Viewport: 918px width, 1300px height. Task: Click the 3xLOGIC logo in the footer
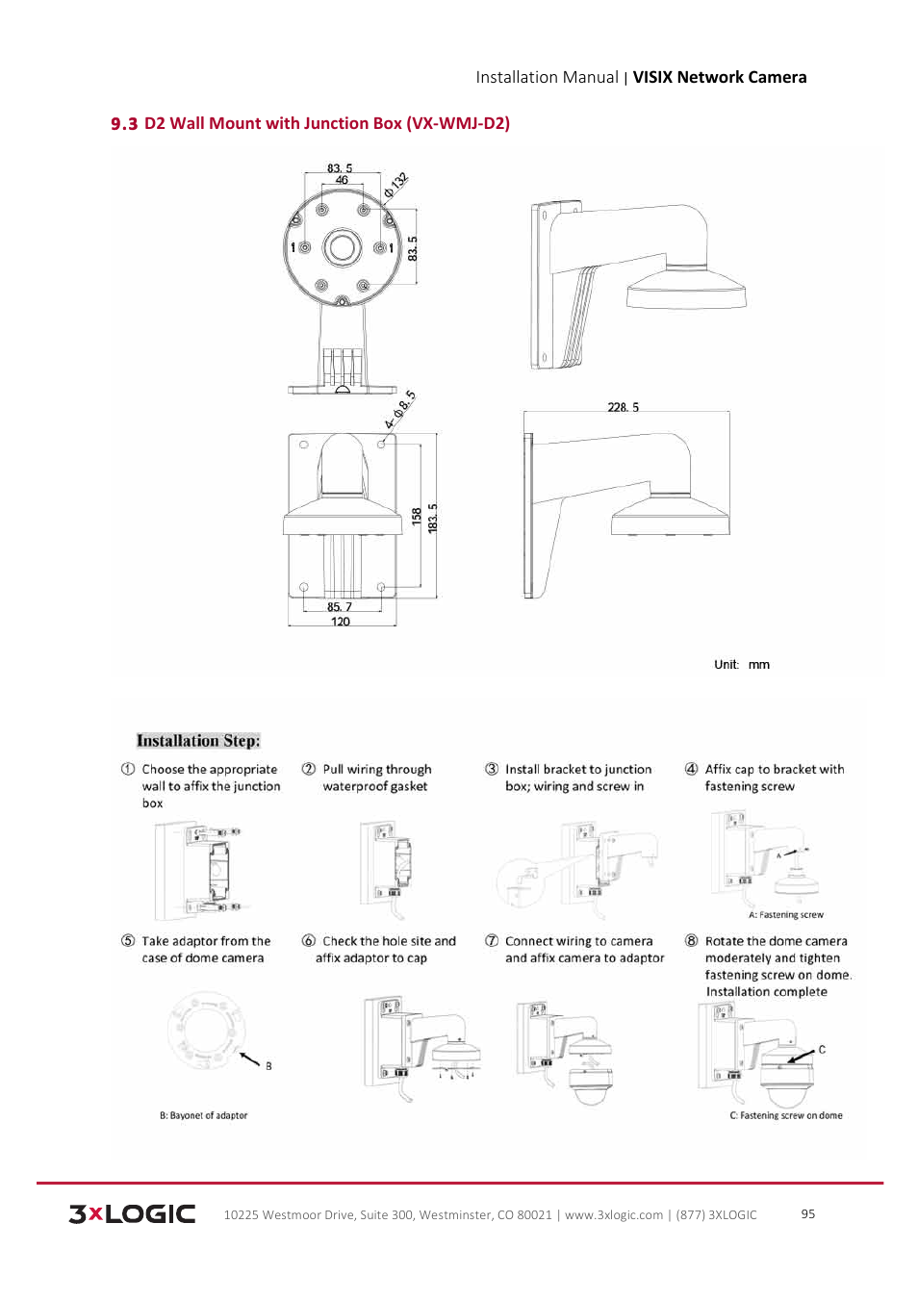click(132, 1213)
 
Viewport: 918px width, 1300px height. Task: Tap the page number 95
click(807, 1213)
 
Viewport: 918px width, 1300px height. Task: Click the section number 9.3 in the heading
click(124, 124)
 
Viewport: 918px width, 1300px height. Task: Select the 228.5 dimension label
click(623, 407)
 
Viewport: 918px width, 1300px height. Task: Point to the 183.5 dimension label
click(433, 518)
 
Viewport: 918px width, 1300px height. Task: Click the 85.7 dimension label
click(339, 607)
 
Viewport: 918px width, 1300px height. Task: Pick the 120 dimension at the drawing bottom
click(341, 622)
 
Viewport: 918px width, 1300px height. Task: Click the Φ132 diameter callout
click(395, 185)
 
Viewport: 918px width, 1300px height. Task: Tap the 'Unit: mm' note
click(741, 664)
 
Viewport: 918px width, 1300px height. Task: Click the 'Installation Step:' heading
click(198, 741)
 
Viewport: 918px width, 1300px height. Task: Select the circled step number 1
click(128, 769)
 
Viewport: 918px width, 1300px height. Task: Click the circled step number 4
click(691, 769)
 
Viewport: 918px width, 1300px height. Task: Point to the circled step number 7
click(492, 941)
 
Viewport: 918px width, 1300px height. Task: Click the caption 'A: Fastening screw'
click(785, 915)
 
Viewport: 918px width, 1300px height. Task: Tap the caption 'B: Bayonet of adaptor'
click(203, 1115)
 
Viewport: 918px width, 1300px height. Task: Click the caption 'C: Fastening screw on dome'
click(785, 1115)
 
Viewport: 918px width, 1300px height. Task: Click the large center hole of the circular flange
click(342, 247)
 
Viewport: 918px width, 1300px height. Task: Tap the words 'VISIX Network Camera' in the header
click(719, 77)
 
